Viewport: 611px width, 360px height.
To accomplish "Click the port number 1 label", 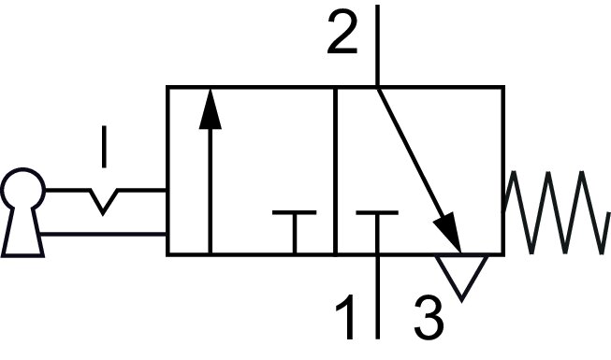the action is [346, 317].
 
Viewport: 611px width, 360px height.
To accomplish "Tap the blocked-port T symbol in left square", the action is [294, 224].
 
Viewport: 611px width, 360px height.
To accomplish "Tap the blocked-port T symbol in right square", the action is [377, 224].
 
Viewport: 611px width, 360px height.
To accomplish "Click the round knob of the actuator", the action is [22, 191].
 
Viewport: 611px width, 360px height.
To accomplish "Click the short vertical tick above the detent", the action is [104, 147].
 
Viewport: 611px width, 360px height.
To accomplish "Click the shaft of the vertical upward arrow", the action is [211, 187].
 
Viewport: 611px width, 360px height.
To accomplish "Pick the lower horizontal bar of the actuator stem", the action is [103, 232].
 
